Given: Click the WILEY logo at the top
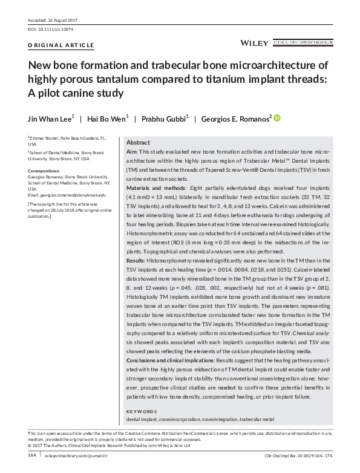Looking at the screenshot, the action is pos(255,44).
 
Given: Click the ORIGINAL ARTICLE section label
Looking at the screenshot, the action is pos(61,45).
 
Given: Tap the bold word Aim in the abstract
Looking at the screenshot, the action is pos(131,151).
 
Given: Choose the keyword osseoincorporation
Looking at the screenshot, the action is pos(183,419).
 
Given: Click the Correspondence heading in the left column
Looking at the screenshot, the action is pos(45,171).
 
